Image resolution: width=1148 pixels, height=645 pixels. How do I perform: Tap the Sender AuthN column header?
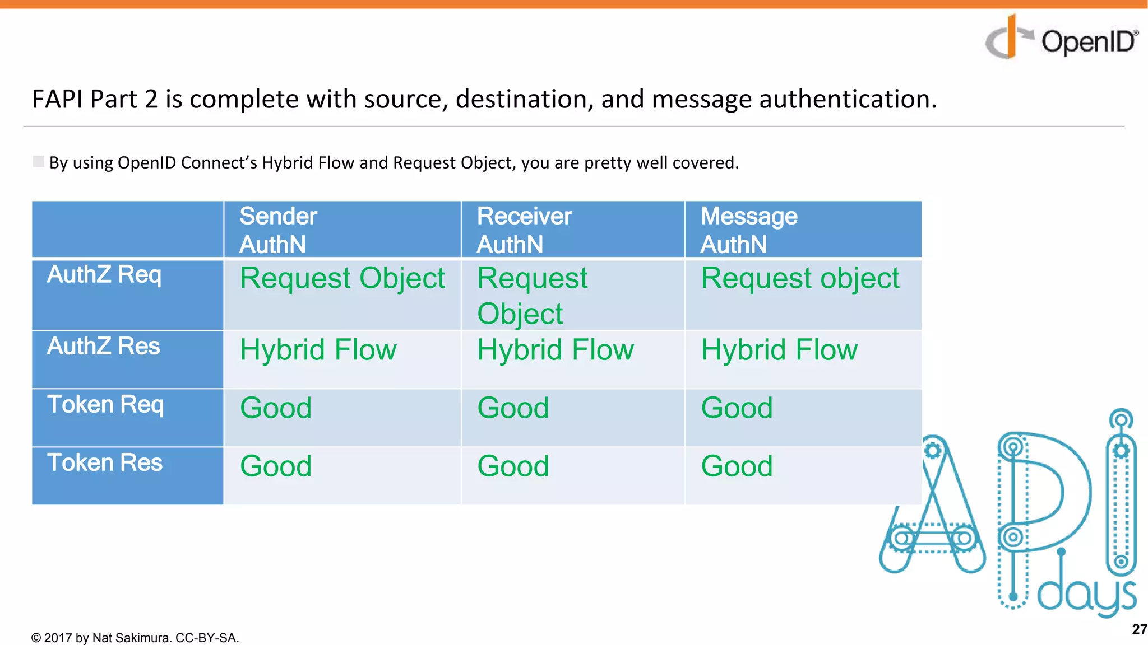point(278,230)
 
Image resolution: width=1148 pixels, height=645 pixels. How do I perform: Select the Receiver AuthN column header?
point(524,230)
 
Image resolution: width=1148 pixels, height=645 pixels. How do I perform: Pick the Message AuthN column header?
point(748,230)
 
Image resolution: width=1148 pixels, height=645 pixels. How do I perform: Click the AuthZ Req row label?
point(104,275)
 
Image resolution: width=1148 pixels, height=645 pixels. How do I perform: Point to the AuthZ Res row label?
point(104,346)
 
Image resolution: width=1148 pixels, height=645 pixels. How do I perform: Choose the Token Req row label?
point(105,405)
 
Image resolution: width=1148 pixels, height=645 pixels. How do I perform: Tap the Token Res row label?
point(105,463)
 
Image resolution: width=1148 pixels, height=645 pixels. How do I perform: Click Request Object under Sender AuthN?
point(342,279)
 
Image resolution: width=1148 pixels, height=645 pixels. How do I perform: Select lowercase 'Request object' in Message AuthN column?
point(800,279)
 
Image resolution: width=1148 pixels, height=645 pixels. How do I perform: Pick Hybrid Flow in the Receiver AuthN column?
point(556,350)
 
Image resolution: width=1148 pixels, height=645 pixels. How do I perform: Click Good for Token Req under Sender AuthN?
point(276,408)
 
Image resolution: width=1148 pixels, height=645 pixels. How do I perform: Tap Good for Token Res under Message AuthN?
point(737,466)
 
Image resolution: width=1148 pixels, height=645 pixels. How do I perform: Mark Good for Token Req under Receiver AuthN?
point(513,408)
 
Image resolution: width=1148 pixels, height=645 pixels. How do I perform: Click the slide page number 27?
point(1138,629)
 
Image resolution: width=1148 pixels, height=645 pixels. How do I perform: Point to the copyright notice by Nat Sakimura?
point(135,638)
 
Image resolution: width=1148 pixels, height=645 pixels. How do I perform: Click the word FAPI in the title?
point(58,99)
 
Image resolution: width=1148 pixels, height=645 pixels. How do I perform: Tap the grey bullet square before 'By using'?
point(38,162)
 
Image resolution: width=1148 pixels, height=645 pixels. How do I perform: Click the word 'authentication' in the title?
point(847,99)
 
